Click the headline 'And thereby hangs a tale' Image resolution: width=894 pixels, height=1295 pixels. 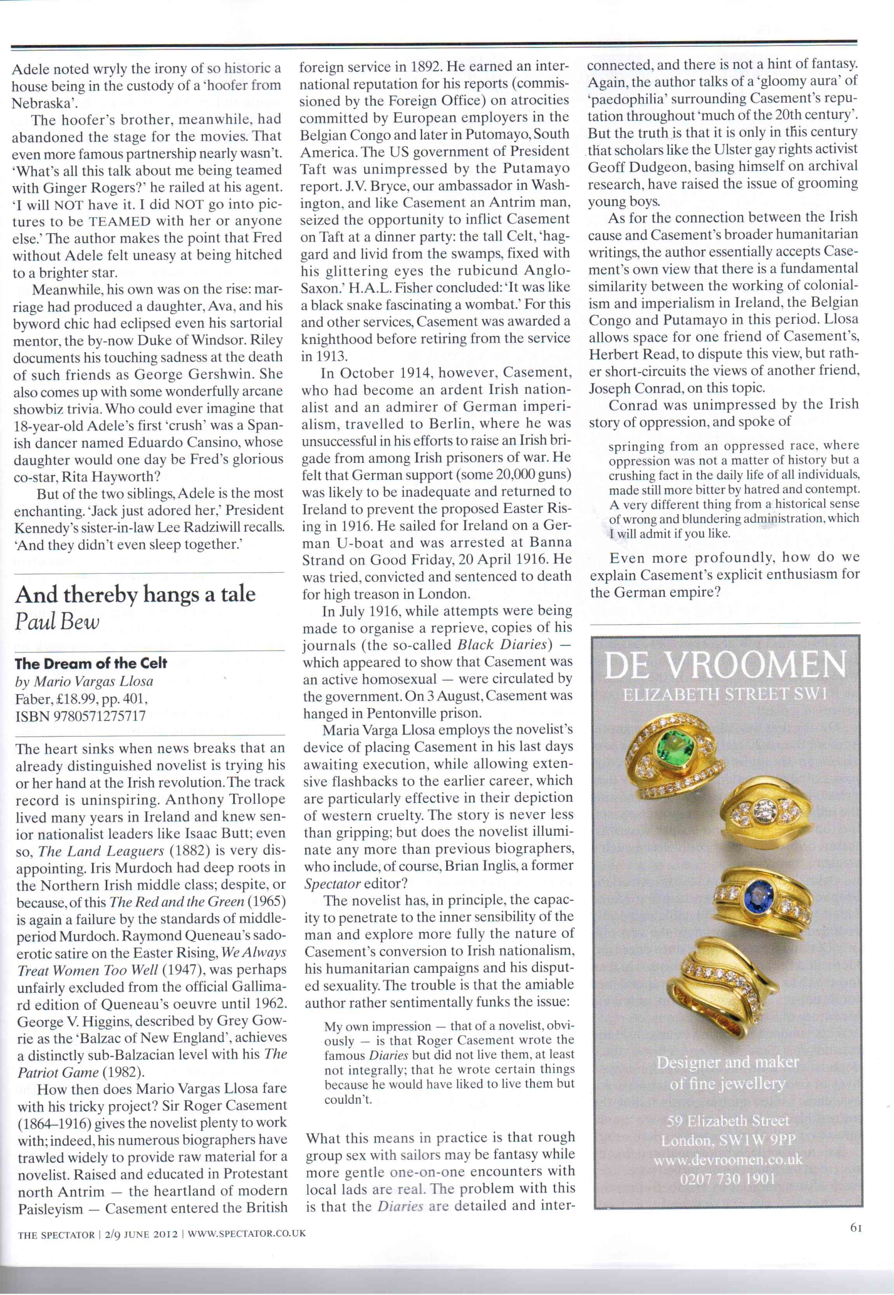click(x=135, y=594)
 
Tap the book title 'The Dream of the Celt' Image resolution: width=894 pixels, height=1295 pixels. click(x=91, y=664)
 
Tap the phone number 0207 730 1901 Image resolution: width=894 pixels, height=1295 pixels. click(x=728, y=1179)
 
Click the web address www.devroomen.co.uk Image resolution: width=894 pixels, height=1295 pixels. click(x=728, y=1159)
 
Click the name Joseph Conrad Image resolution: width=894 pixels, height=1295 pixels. click(x=628, y=388)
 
